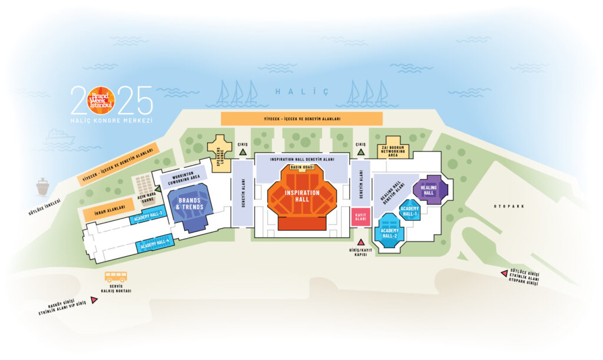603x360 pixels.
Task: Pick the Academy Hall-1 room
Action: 409,210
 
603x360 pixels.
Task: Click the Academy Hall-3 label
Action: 148,216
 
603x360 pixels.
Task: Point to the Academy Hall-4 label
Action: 155,243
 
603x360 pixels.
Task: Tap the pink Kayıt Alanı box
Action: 360,217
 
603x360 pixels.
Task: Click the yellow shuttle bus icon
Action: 115,277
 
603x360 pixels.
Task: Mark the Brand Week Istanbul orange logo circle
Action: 101,100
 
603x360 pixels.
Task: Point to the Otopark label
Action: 510,206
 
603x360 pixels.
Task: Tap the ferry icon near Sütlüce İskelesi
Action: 42,187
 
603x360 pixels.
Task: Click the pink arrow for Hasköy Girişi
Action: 94,300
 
